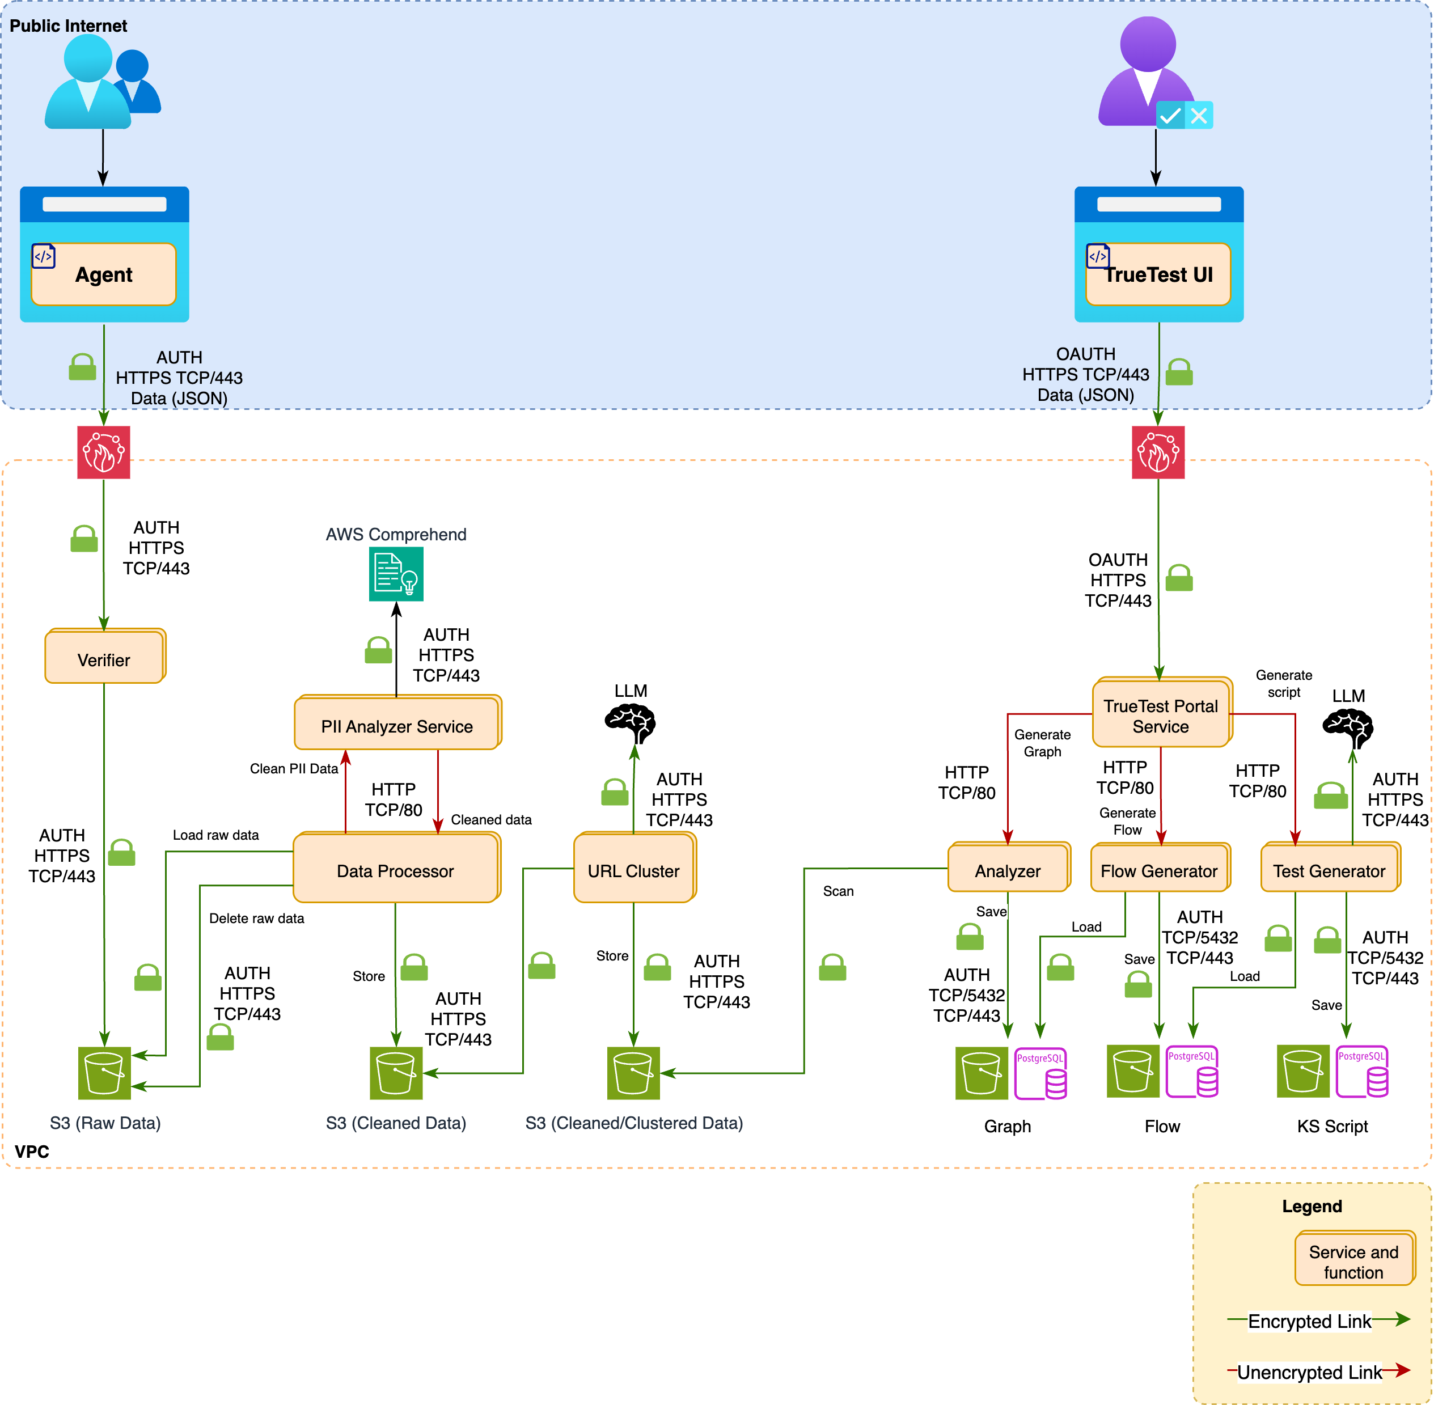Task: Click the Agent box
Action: [x=103, y=274]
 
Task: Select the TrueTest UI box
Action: [x=1158, y=274]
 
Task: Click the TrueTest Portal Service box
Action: [x=1160, y=715]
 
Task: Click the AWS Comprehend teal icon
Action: [x=396, y=574]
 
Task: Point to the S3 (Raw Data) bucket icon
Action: [x=104, y=1072]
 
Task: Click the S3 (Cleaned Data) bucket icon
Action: [x=396, y=1072]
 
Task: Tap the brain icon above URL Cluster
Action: [x=631, y=722]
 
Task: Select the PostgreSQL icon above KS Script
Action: [x=1361, y=1072]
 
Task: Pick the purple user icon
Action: [x=1148, y=74]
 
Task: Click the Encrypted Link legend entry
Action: [x=1310, y=1321]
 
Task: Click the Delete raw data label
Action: [x=256, y=918]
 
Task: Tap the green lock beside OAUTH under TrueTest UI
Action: [x=1179, y=372]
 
